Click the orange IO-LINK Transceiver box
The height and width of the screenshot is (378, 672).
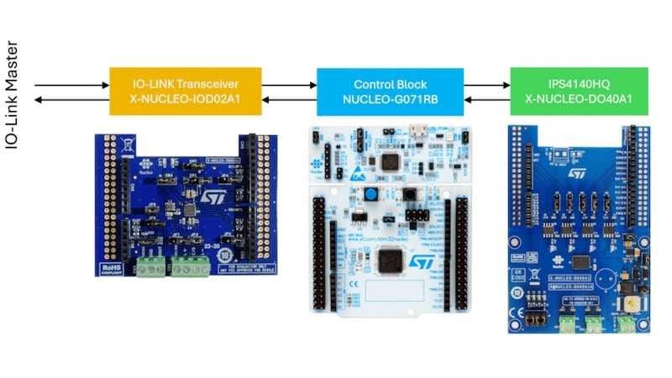click(x=186, y=92)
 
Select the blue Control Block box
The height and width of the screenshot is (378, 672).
click(x=390, y=92)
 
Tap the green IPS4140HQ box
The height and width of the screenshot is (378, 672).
click(x=579, y=92)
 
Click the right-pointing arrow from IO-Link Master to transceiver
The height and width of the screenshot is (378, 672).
click(x=71, y=85)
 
